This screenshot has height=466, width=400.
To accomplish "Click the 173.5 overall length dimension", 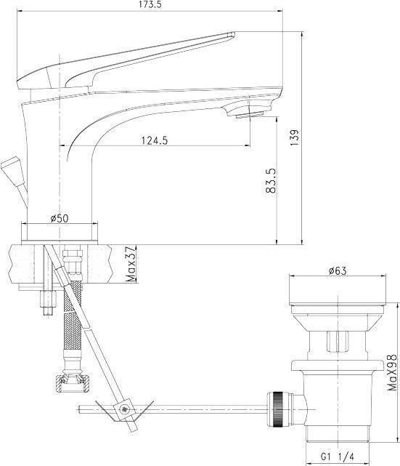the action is (x=150, y=4).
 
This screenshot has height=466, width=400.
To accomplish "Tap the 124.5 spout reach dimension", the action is (x=154, y=140).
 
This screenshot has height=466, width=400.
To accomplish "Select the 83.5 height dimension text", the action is (x=271, y=181).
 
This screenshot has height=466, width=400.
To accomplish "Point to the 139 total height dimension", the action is (x=295, y=137).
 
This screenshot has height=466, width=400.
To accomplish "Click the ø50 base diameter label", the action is (x=60, y=218).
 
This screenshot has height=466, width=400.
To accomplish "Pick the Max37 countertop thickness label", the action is (x=131, y=264).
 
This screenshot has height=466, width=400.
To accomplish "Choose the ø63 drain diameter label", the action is (x=338, y=270).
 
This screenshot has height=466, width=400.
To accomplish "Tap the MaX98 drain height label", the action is (x=392, y=372).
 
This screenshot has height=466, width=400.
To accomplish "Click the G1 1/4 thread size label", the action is (x=338, y=456).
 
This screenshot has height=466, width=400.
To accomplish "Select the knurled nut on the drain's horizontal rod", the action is (x=279, y=409).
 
